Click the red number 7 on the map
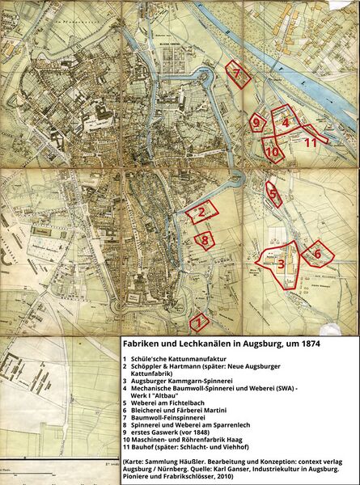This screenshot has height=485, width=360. point(237,74)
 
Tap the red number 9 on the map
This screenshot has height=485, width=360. point(257,124)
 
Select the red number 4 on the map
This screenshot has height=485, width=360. point(286,122)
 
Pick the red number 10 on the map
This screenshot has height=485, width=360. point(272,151)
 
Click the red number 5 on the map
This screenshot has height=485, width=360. point(273,193)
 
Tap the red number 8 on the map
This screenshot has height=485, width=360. point(205,239)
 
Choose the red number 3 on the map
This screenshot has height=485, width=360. point(280,264)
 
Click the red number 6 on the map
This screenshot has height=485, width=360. point(317,254)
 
